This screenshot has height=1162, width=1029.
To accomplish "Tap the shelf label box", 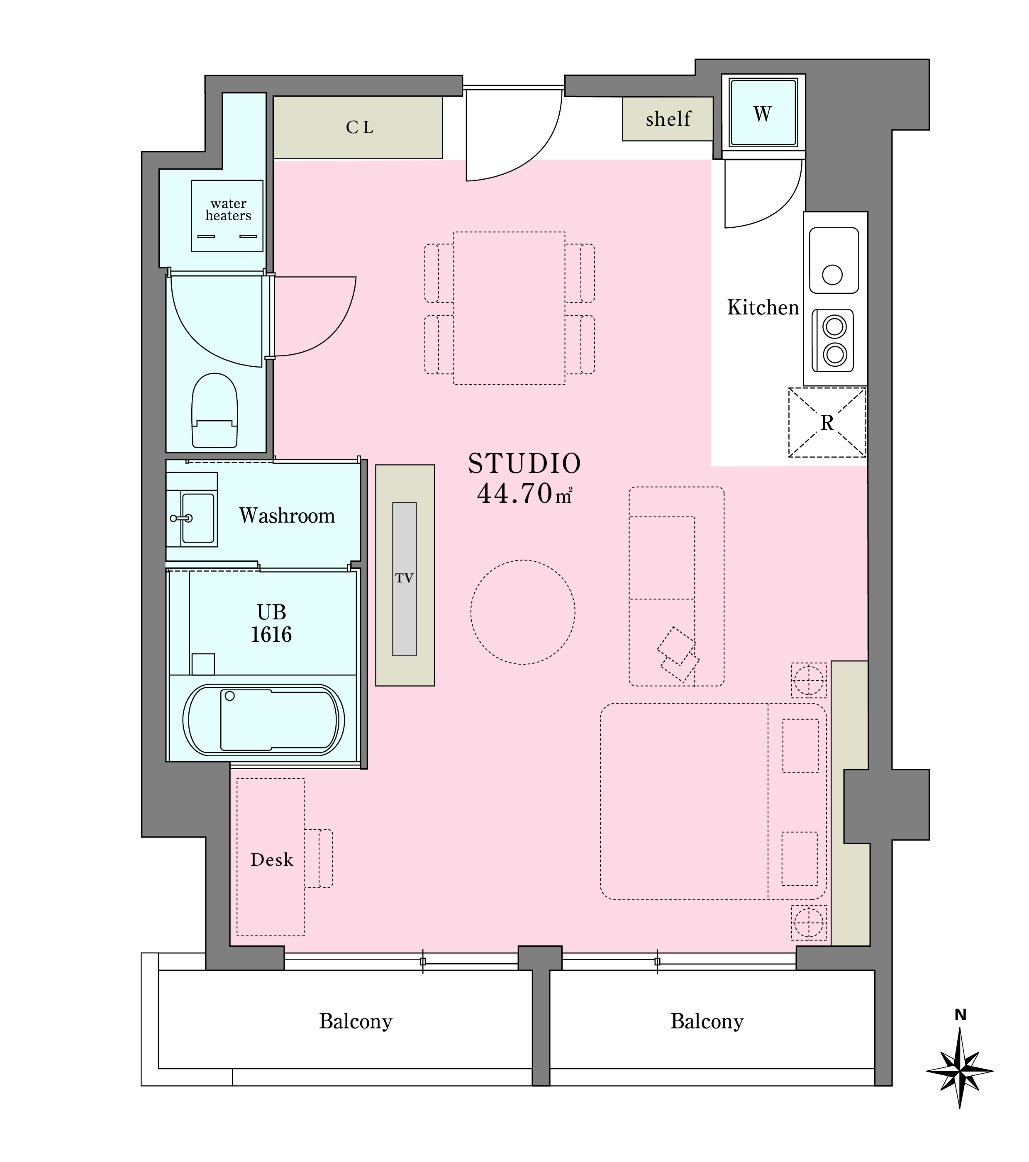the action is coord(668,119).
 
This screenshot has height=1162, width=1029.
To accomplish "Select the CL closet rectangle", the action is coord(358,127).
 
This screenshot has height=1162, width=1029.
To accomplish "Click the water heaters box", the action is coord(227,216).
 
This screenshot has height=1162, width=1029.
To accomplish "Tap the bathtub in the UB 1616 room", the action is coord(263,720).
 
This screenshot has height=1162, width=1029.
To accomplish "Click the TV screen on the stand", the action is coord(404,579).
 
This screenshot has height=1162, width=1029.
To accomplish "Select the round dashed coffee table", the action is coord(522,612).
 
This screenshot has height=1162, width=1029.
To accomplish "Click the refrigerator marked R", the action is coord(827,422).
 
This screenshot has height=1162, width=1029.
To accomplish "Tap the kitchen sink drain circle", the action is coord(832,275).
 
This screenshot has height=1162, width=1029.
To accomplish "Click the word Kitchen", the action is coord(763,307).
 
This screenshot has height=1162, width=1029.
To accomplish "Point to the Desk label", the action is coord(272,860).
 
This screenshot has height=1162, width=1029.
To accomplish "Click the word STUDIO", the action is coord(524,463).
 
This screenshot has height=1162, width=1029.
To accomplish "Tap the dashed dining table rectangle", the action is coord(510,308).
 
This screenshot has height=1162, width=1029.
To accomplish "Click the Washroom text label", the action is coord(287,516).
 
